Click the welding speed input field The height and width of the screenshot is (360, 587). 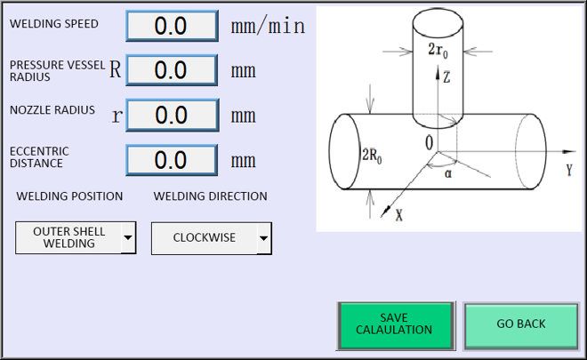click(x=173, y=26)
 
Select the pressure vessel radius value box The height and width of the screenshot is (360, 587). click(x=172, y=70)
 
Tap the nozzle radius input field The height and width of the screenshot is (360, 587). click(x=173, y=115)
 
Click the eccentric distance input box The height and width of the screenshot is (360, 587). click(x=172, y=160)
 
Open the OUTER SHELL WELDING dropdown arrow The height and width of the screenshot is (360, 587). click(x=128, y=237)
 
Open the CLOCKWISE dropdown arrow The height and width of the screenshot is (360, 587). click(x=263, y=238)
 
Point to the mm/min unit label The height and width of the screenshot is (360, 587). click(x=268, y=26)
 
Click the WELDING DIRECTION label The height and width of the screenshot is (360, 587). click(x=211, y=196)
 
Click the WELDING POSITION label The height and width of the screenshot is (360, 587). click(x=69, y=196)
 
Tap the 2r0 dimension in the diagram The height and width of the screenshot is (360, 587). click(x=438, y=51)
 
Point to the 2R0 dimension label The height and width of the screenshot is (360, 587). click(x=372, y=155)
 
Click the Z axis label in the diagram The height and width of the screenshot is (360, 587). click(x=446, y=77)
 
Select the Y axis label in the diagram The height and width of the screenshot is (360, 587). click(x=569, y=171)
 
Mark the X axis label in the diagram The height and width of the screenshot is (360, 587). click(x=399, y=215)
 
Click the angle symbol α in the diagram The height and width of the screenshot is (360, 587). click(x=448, y=173)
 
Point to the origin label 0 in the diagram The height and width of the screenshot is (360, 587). click(x=429, y=143)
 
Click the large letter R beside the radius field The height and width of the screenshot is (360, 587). click(x=116, y=69)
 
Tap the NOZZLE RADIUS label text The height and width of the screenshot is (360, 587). click(x=52, y=110)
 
